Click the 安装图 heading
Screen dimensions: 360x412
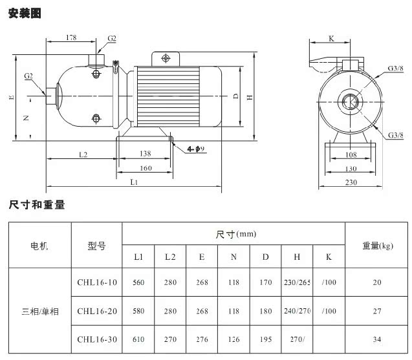pyautogui.click(x=25, y=12)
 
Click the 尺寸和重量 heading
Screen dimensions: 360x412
pyautogui.click(x=37, y=205)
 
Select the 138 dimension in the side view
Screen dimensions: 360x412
pyautogui.click(x=144, y=154)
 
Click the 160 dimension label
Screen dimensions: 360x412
pyautogui.click(x=146, y=168)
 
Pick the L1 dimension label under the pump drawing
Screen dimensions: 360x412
pyautogui.click(x=133, y=183)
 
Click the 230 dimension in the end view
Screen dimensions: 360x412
pyautogui.click(x=351, y=183)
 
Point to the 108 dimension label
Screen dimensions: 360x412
pyautogui.click(x=350, y=155)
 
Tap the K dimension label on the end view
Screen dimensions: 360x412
pyautogui.click(x=331, y=39)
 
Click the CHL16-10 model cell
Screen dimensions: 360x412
pyautogui.click(x=96, y=282)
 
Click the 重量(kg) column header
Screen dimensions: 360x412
pyautogui.click(x=378, y=246)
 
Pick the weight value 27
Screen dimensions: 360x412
pyautogui.click(x=378, y=311)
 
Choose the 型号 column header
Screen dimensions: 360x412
pyautogui.click(x=96, y=246)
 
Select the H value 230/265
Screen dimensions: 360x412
pyautogui.click(x=297, y=282)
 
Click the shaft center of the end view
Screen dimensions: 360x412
pyautogui.click(x=351, y=101)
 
